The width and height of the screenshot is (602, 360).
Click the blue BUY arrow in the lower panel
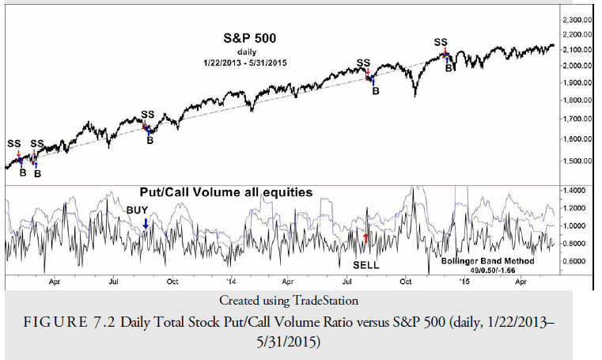[x=145, y=225]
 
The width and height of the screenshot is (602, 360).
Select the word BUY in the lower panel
[x=138, y=211]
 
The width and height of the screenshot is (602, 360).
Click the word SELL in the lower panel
[x=365, y=265]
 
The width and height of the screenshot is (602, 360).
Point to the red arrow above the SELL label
[x=365, y=236]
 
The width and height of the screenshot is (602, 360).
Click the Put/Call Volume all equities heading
[x=226, y=192]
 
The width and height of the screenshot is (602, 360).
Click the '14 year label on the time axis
[x=230, y=281]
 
